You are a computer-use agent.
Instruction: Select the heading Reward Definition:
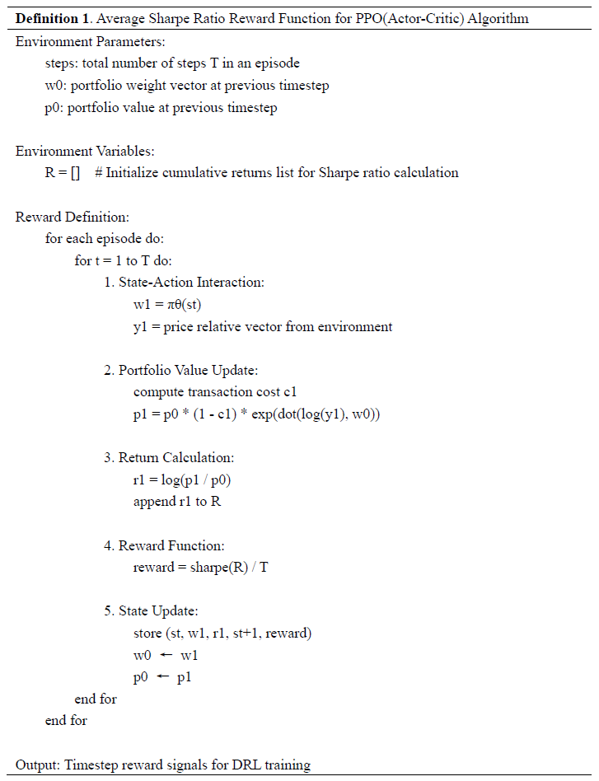[x=73, y=217]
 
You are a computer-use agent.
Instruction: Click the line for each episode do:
[x=104, y=239]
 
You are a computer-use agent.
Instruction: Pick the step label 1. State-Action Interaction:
[x=184, y=283]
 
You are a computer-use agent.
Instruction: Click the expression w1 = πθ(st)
[x=168, y=305]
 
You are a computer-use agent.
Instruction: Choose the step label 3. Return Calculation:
[x=169, y=458]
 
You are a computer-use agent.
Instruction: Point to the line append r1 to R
[x=176, y=502]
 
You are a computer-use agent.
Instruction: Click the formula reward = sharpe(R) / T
[x=200, y=568]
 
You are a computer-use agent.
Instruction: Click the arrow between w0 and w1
[x=166, y=656]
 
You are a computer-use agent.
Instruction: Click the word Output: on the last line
[x=39, y=765]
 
